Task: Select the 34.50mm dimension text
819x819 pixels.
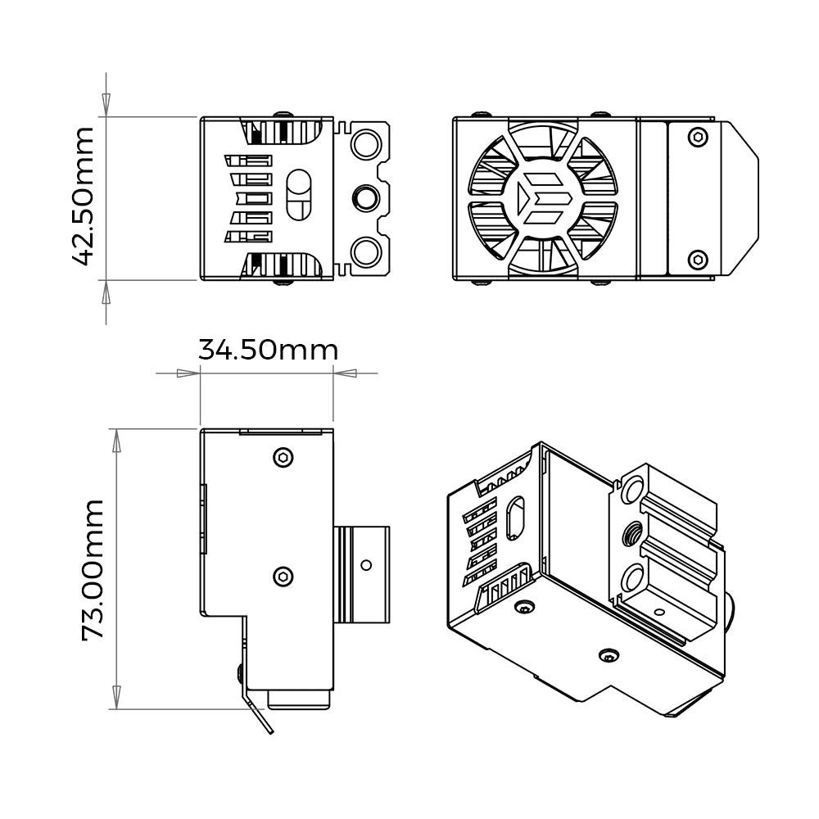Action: click(x=268, y=351)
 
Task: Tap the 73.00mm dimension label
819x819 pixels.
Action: click(x=93, y=569)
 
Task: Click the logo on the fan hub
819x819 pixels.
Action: click(x=541, y=198)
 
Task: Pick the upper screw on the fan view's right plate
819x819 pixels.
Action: click(x=697, y=137)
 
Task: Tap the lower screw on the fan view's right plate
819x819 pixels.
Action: click(x=697, y=260)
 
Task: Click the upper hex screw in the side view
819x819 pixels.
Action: click(x=283, y=457)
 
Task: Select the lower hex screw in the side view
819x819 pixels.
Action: click(x=283, y=577)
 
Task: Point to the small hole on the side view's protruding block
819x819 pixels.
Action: click(x=365, y=564)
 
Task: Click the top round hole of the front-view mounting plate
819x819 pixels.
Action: click(x=365, y=145)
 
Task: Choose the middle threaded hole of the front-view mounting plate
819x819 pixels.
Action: click(x=365, y=197)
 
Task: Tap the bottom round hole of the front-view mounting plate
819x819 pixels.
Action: click(x=365, y=251)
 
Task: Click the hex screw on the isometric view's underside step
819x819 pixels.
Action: click(x=608, y=655)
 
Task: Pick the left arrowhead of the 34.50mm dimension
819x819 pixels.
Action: click(x=189, y=373)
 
